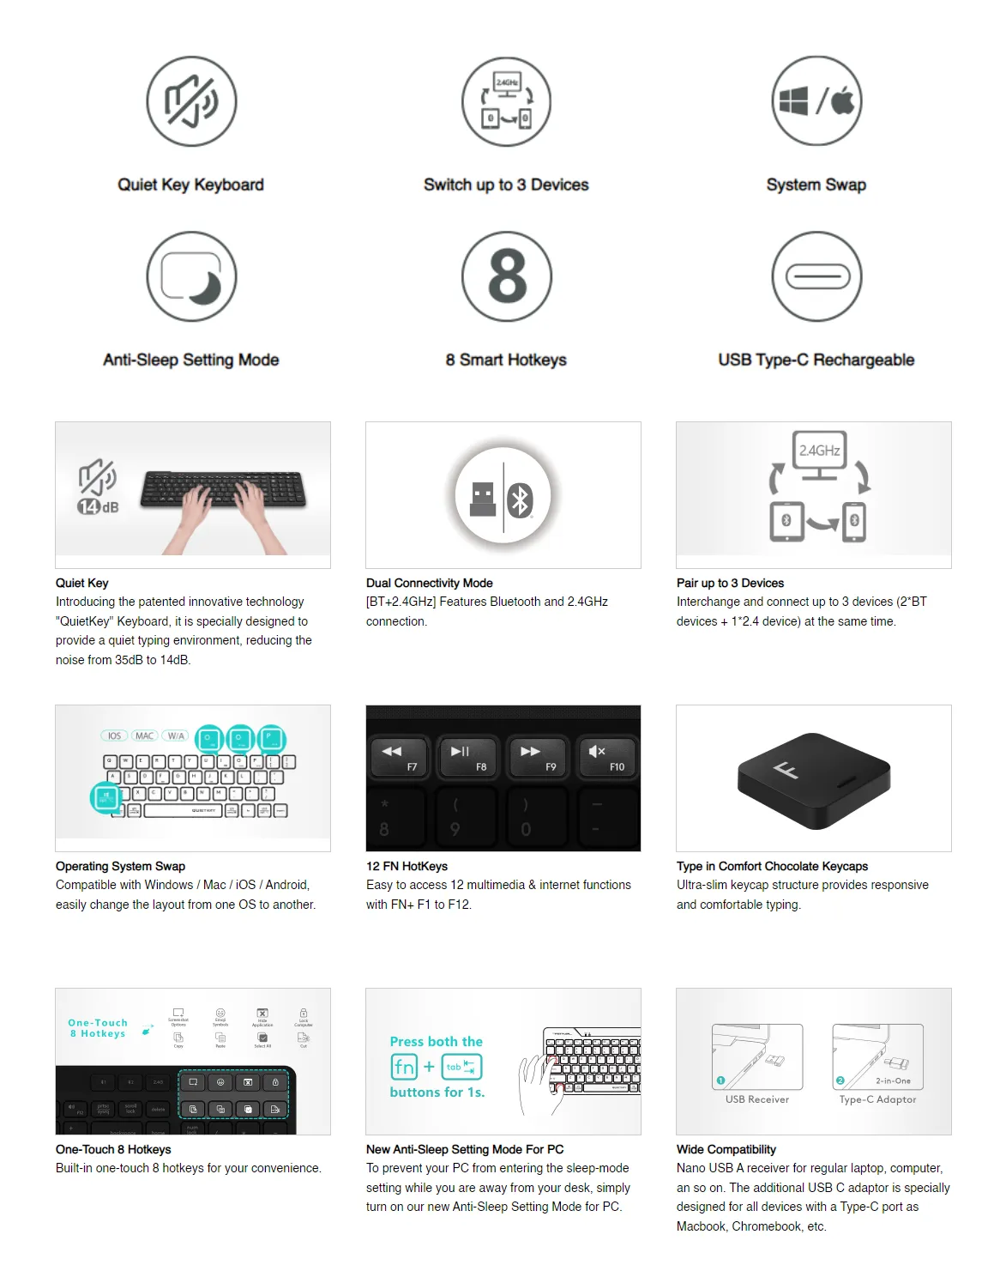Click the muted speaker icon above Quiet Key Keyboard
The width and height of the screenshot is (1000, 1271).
[x=191, y=101]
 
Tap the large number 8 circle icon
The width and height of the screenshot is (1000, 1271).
[x=506, y=276]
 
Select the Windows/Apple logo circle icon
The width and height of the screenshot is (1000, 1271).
[x=816, y=101]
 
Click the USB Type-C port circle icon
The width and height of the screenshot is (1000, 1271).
[x=816, y=276]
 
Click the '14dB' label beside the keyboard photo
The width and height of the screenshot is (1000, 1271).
[x=98, y=506]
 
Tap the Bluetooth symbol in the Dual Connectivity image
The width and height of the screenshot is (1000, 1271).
[x=520, y=500]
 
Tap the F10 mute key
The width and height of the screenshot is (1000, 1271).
[x=606, y=757]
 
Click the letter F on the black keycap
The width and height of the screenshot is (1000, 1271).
[x=786, y=769]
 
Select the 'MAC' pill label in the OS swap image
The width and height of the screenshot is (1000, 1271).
[x=144, y=735]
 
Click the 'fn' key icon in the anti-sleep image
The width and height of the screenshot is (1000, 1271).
[x=404, y=1067]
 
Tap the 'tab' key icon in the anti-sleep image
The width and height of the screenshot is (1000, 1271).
[x=461, y=1067]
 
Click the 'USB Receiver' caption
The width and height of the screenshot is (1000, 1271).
[x=756, y=1099]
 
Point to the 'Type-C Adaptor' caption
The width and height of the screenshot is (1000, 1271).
[x=877, y=1099]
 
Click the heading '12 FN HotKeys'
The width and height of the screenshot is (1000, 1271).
[x=407, y=866]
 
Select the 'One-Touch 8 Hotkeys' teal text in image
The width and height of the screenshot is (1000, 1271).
[x=98, y=1028]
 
